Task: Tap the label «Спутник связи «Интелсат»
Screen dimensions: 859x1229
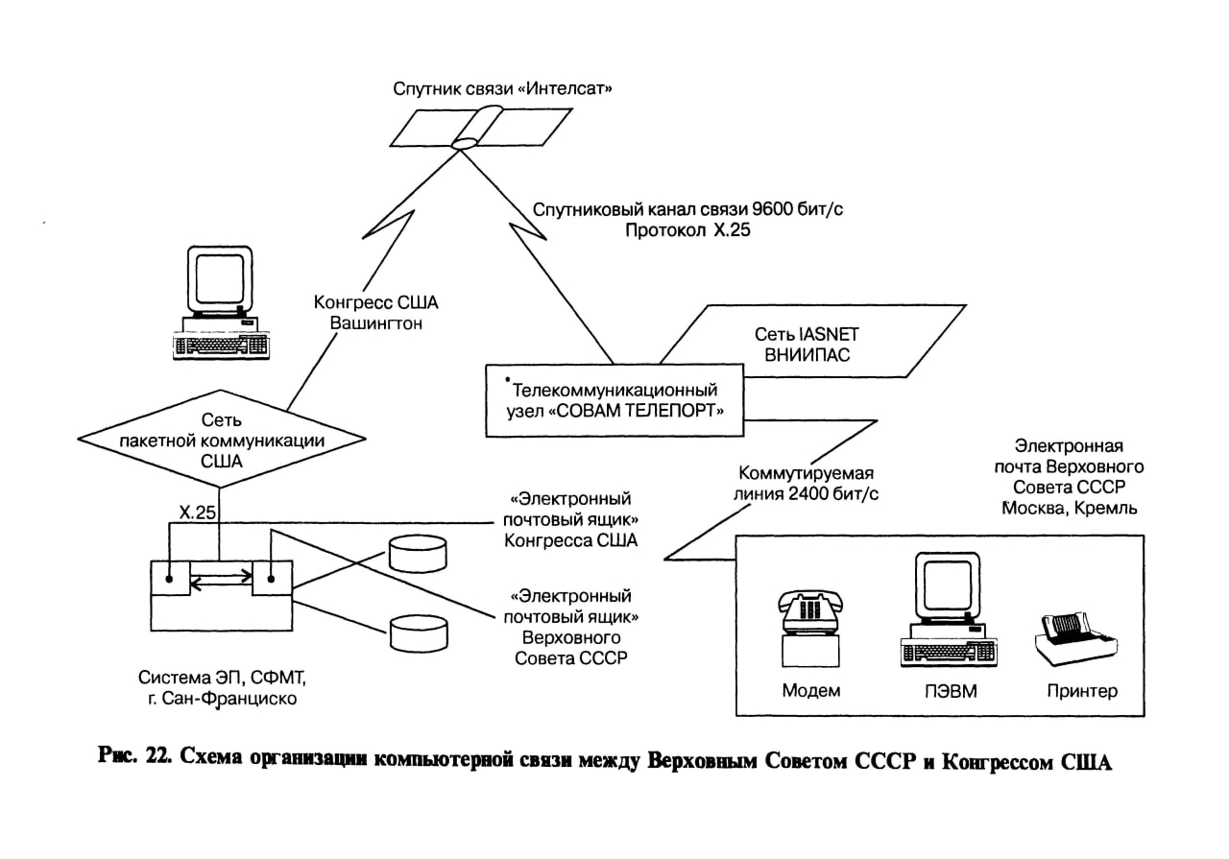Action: point(503,88)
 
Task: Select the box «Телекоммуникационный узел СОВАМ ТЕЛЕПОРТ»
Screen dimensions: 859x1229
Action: point(616,400)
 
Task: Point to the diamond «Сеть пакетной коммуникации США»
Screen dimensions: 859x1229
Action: point(222,441)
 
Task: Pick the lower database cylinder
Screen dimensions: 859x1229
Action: point(419,633)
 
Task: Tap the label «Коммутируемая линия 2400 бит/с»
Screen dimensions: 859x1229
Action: point(809,485)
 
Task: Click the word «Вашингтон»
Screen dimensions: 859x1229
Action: point(376,323)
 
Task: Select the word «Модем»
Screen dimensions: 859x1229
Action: point(811,691)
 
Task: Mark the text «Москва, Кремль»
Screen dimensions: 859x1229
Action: point(1069,508)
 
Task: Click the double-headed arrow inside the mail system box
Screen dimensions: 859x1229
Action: point(221,577)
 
